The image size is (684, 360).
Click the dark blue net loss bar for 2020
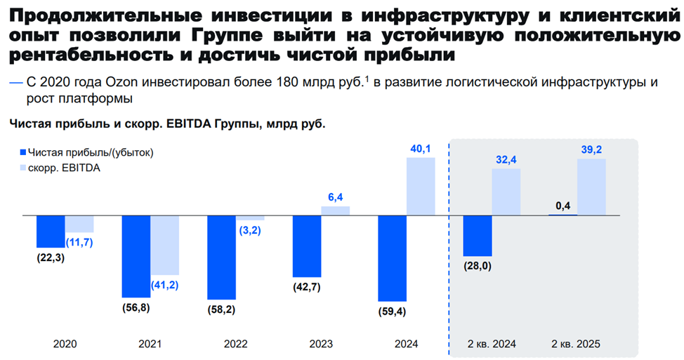coord(51,231)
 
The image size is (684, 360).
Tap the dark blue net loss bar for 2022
coord(221,257)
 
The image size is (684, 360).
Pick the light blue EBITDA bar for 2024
coord(421,186)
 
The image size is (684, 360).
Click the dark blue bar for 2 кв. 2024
coord(478,235)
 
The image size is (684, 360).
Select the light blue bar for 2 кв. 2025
coord(591,187)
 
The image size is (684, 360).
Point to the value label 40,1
coord(421,148)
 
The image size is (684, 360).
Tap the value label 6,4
coord(335,197)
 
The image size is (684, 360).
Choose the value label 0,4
coord(563,206)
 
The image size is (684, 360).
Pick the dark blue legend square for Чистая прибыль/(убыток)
coord(23,152)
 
